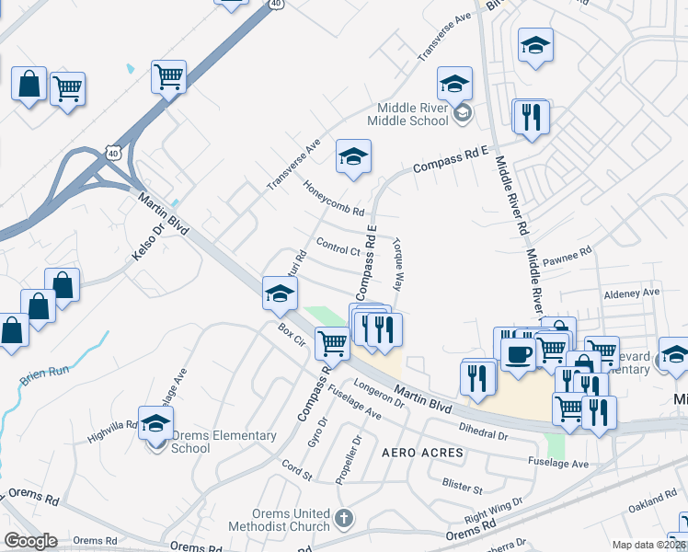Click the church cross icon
click(x=344, y=518)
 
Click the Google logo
click(x=30, y=541)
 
